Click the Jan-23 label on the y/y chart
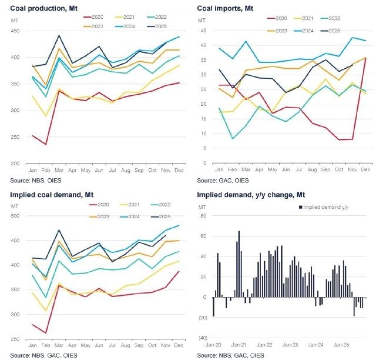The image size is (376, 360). [291, 345]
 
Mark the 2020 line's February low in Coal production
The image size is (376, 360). [45, 144]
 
